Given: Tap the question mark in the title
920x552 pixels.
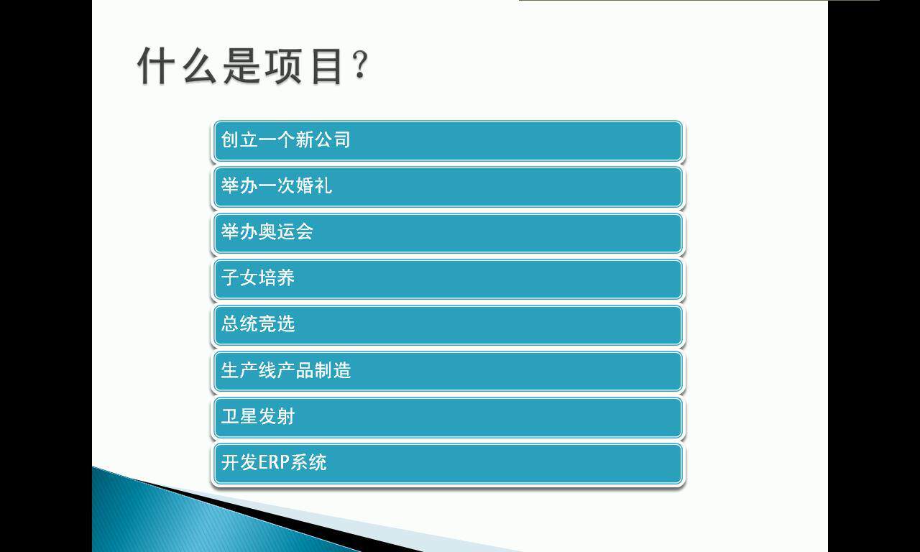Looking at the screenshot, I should (x=361, y=67).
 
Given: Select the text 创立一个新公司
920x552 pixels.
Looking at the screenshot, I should (x=285, y=139).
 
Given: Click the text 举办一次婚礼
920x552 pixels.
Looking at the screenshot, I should (x=277, y=185).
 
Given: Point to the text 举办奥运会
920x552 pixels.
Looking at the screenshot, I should (x=267, y=231).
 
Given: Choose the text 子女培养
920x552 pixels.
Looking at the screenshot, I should (x=258, y=277).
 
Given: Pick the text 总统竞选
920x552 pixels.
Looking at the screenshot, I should (x=258, y=323).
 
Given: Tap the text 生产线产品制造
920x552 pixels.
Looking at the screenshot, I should (x=285, y=370).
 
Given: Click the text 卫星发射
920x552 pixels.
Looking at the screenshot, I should (x=258, y=416).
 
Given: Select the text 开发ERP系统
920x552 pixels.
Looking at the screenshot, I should (x=274, y=462).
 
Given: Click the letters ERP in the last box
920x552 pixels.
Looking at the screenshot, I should (x=274, y=462).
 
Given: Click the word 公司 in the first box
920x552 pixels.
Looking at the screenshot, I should (x=332, y=139).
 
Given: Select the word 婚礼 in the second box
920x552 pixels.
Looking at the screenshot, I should (x=313, y=185).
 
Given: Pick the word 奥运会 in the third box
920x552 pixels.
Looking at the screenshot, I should (x=286, y=231).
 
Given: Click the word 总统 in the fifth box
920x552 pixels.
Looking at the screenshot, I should (x=239, y=323).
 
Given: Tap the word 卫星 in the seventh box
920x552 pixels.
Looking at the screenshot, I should (x=239, y=416).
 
